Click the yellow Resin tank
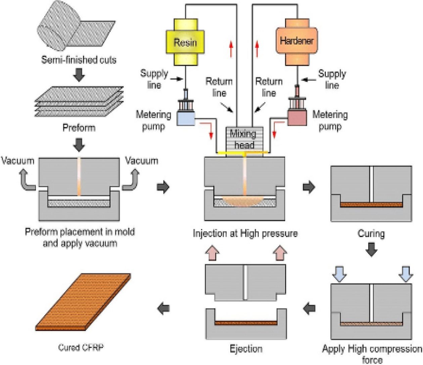tap(185, 42)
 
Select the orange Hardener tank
tap(297, 41)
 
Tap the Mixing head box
tap(244, 139)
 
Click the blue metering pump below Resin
tap(186, 118)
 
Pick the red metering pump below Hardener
tap(297, 118)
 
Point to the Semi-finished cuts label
tap(79, 60)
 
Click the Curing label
tap(371, 233)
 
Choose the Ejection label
tap(246, 349)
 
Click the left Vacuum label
tap(17, 161)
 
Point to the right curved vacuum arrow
tap(131, 180)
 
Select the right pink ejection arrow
tap(280, 253)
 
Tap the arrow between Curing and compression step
tap(371, 249)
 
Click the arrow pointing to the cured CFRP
tap(164, 308)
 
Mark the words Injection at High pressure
tap(245, 233)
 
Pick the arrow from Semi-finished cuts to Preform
tap(79, 75)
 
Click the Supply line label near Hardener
tap(332, 79)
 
